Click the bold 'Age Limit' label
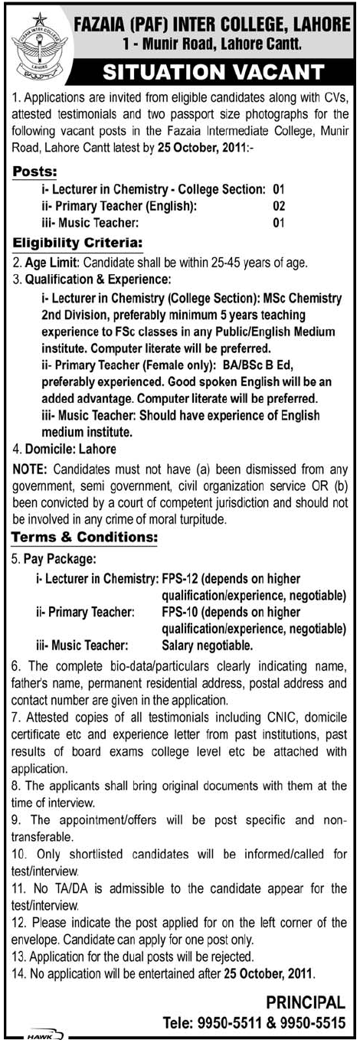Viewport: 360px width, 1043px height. click(47, 263)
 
